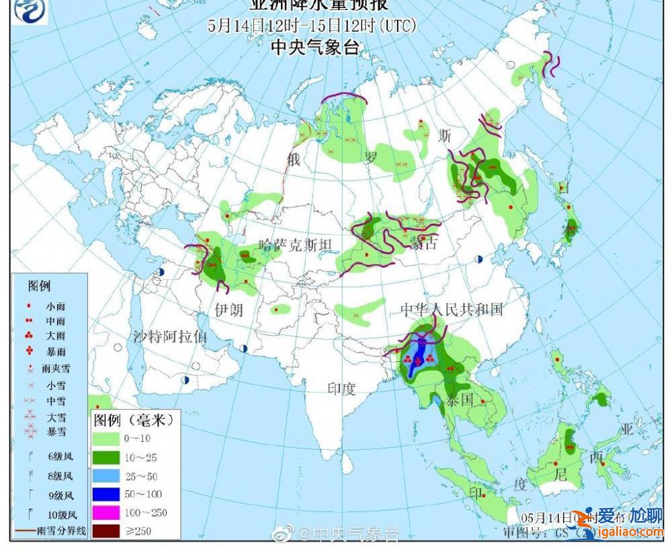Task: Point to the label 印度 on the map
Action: [341, 389]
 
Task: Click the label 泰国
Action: [460, 400]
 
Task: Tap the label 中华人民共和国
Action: [452, 309]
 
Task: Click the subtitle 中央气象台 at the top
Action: [314, 47]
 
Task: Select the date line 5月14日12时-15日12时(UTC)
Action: [312, 26]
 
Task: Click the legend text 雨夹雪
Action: [55, 368]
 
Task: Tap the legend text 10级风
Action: [62, 515]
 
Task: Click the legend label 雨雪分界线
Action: [62, 531]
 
